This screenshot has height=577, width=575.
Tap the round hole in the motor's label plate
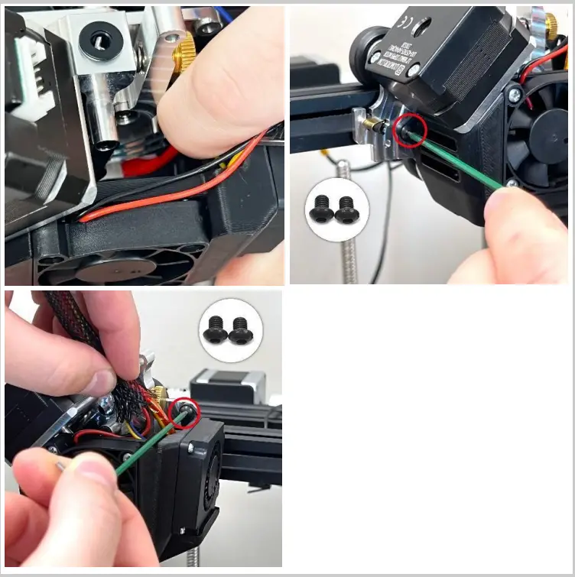click(419, 29)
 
